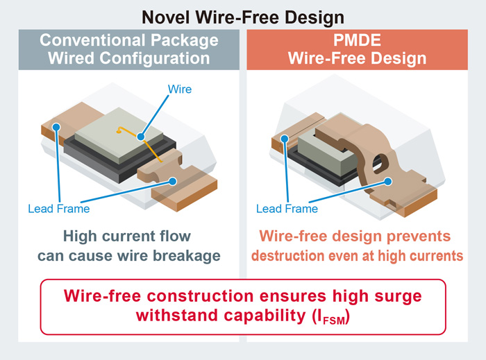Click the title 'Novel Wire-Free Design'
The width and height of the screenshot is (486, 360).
(x=243, y=16)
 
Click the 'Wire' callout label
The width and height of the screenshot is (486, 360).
(x=181, y=89)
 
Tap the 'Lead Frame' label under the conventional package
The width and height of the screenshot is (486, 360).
(x=58, y=208)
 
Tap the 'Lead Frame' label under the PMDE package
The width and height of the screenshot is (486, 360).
(x=287, y=208)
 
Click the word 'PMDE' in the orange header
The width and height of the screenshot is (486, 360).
(x=357, y=40)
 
